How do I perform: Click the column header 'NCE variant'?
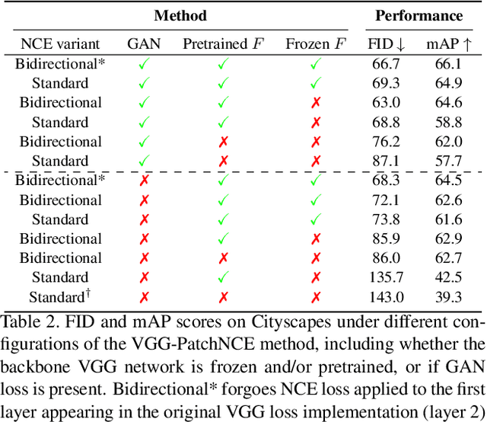[x=59, y=43]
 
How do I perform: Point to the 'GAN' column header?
[x=142, y=43]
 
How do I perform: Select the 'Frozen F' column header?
[x=314, y=43]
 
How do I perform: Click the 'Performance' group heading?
[x=419, y=15]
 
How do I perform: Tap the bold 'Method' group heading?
[x=180, y=15]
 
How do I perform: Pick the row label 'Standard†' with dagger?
[x=59, y=297]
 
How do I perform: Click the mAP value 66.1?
[x=448, y=63]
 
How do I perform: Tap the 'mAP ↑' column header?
[x=448, y=43]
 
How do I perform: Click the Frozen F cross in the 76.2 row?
[x=315, y=142]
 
